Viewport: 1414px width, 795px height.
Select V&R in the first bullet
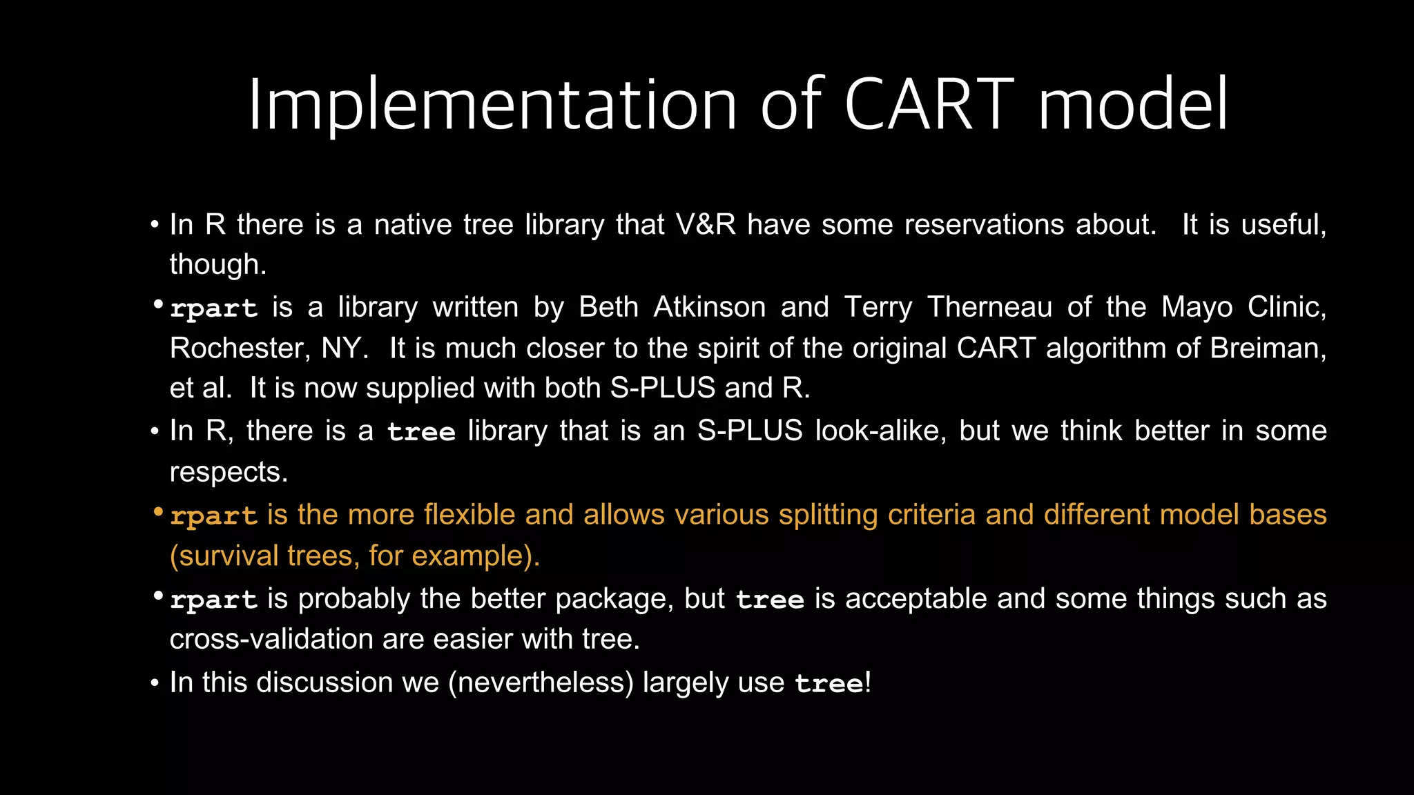click(706, 225)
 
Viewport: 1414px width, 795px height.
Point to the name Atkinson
click(709, 307)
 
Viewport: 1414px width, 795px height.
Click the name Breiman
click(1267, 348)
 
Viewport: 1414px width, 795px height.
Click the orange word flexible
click(469, 515)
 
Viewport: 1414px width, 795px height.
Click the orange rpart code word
click(213, 516)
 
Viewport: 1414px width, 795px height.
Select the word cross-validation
click(271, 639)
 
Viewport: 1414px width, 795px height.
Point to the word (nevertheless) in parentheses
click(541, 683)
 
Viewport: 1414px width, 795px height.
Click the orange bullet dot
click(158, 513)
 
